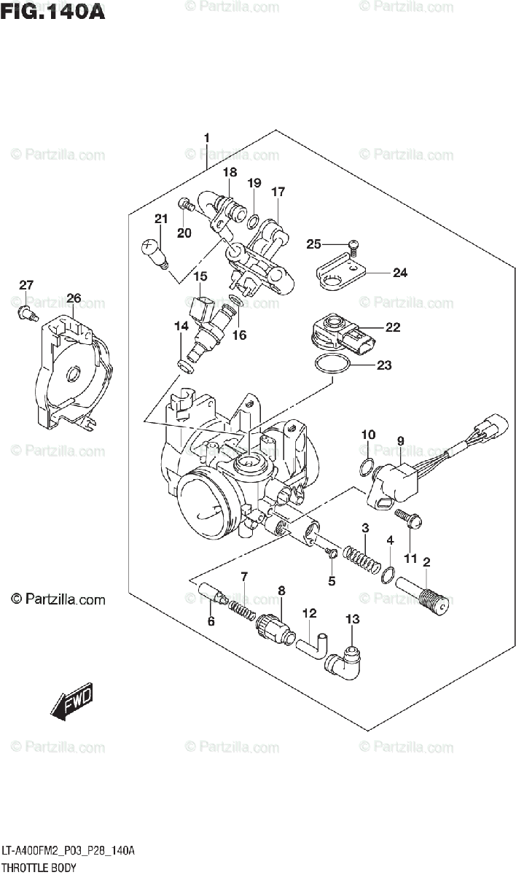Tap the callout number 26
(74, 297)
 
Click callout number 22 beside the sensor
(393, 327)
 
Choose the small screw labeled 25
(352, 247)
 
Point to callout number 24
(399, 273)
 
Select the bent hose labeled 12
(313, 642)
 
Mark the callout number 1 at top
(206, 138)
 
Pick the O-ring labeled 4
(389, 575)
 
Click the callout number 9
(400, 440)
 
